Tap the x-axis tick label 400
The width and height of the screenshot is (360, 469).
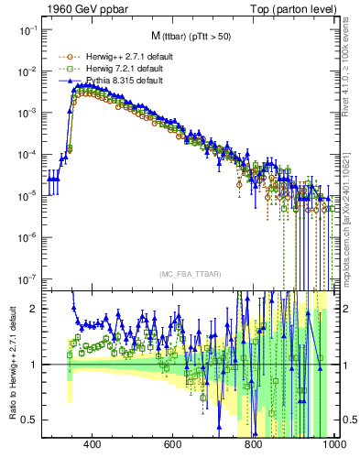[x=92, y=445]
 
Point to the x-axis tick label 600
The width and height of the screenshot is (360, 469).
[x=173, y=445]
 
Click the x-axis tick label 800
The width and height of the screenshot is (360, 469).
[x=254, y=445]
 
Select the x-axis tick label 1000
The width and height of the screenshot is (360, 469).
[x=333, y=445]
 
